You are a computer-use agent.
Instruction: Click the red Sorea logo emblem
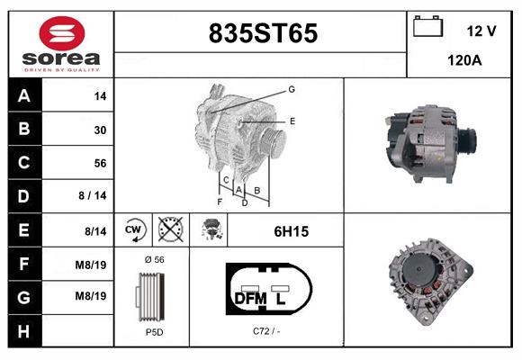coord(62,33)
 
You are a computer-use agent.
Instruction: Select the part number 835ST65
coord(263,33)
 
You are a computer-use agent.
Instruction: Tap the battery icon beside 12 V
coord(427,26)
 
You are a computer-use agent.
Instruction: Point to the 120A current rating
coord(464,60)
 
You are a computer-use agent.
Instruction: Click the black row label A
coord(24,96)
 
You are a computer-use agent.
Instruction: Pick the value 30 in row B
coord(100,130)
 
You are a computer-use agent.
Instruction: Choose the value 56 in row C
coord(100,163)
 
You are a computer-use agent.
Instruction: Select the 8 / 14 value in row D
coord(93,195)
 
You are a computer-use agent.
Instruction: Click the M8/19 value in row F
coord(91,265)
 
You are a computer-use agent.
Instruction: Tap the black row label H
coord(24,332)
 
